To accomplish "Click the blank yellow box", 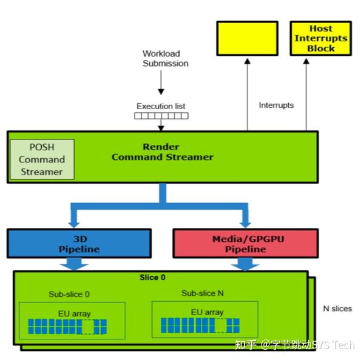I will coord(247,39).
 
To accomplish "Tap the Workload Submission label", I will coord(165,58).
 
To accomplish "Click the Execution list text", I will coord(161,106).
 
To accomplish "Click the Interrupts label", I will coord(276,105).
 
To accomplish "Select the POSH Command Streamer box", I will coord(42,159).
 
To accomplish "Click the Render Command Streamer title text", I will coord(162,152).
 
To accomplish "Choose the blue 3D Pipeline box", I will coord(79,244).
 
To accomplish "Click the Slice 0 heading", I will coord(153,278).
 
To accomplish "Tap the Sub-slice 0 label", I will coord(69,294).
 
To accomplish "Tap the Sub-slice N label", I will coord(203,293).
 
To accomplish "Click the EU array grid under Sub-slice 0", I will coord(67,327).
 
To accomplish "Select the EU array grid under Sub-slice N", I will coord(200,326).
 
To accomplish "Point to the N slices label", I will coord(337,308).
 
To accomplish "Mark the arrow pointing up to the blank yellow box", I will coord(247,94).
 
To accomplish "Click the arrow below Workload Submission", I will coord(161,82).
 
